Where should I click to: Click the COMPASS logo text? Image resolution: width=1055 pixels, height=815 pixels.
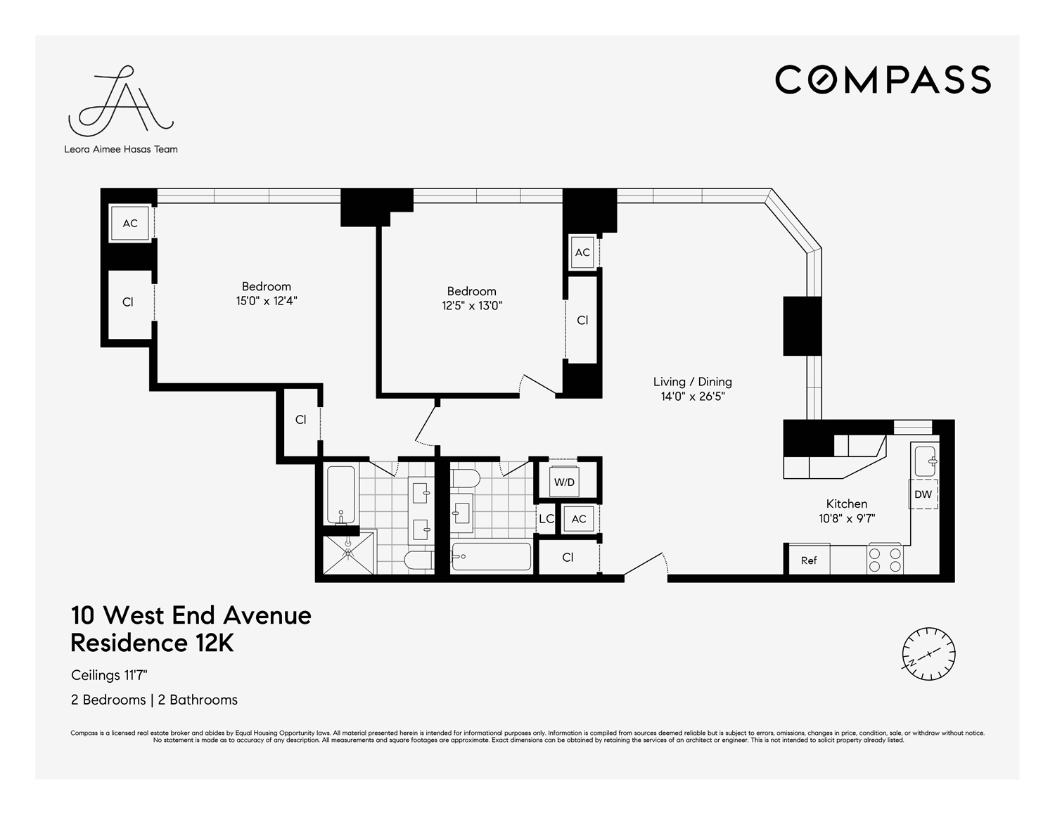883,79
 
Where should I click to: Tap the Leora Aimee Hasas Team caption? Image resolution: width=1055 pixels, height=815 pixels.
121,149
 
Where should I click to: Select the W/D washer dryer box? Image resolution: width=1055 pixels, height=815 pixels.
564,482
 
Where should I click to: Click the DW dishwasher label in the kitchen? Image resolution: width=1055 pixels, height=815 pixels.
923,494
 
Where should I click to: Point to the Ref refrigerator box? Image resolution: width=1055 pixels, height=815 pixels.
809,560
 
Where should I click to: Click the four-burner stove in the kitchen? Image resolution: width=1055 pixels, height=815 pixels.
885,559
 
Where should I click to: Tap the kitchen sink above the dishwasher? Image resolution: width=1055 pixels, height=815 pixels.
924,461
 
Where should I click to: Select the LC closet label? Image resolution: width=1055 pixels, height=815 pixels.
546,519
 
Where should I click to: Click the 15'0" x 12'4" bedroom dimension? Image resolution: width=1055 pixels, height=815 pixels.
267,301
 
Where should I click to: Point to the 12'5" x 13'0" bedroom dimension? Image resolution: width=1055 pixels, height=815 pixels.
471,306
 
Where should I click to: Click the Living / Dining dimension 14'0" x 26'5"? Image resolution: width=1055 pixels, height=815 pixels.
692,397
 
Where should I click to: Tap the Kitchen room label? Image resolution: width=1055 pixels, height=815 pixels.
846,503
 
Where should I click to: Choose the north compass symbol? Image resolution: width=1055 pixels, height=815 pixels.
928,653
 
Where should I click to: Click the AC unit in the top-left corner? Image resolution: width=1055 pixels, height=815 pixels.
130,224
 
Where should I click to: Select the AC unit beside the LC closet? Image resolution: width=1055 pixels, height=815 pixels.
579,519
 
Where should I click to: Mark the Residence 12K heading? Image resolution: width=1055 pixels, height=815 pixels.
152,643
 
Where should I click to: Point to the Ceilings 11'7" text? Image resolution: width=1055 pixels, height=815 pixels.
109,675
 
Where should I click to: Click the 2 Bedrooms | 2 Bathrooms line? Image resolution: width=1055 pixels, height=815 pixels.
154,700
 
